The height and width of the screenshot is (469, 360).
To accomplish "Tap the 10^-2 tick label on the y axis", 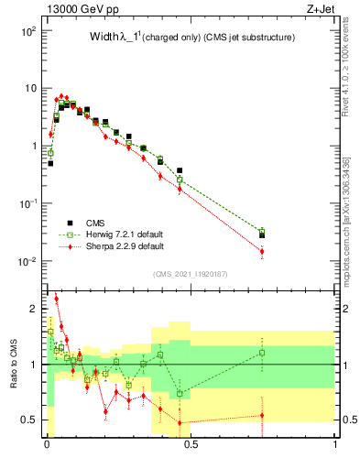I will pyautogui.click(x=27, y=262).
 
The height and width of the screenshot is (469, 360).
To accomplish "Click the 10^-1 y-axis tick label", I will pyautogui.click(x=27, y=204).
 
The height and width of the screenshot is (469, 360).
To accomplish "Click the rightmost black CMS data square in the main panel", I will pyautogui.click(x=262, y=235).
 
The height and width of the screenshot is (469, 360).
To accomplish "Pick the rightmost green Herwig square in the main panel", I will pyautogui.click(x=262, y=232).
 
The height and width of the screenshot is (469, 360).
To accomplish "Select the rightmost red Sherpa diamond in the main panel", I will pyautogui.click(x=262, y=251).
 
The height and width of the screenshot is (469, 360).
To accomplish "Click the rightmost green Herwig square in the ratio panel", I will pyautogui.click(x=262, y=353).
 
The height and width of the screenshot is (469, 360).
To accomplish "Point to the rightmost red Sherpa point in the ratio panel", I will pyautogui.click(x=262, y=415).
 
